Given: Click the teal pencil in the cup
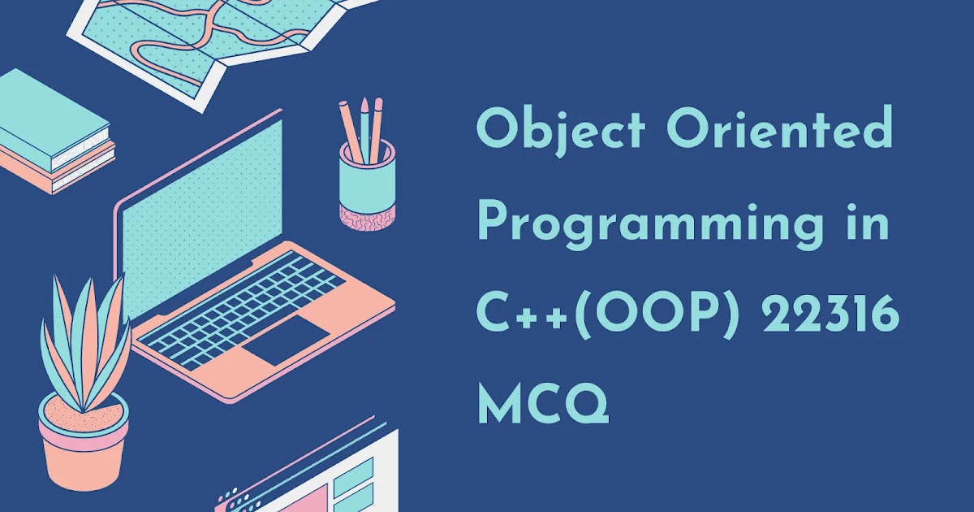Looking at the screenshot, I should pos(365,130).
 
